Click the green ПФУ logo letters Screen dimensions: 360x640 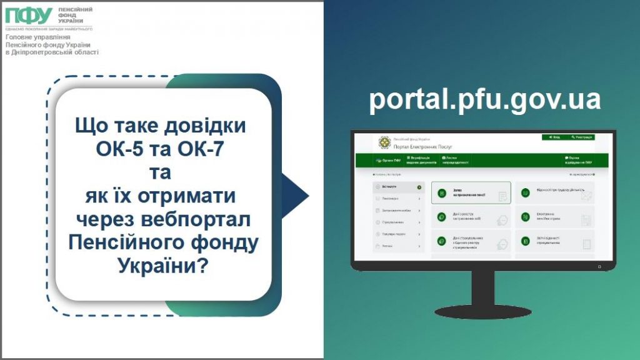[x=29, y=15]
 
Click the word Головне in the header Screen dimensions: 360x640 [x=21, y=37]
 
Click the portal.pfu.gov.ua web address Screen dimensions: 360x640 [x=484, y=100]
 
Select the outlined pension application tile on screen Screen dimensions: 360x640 [x=471, y=194]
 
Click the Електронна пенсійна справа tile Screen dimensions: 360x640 [x=555, y=219]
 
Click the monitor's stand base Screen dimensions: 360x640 [x=482, y=311]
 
